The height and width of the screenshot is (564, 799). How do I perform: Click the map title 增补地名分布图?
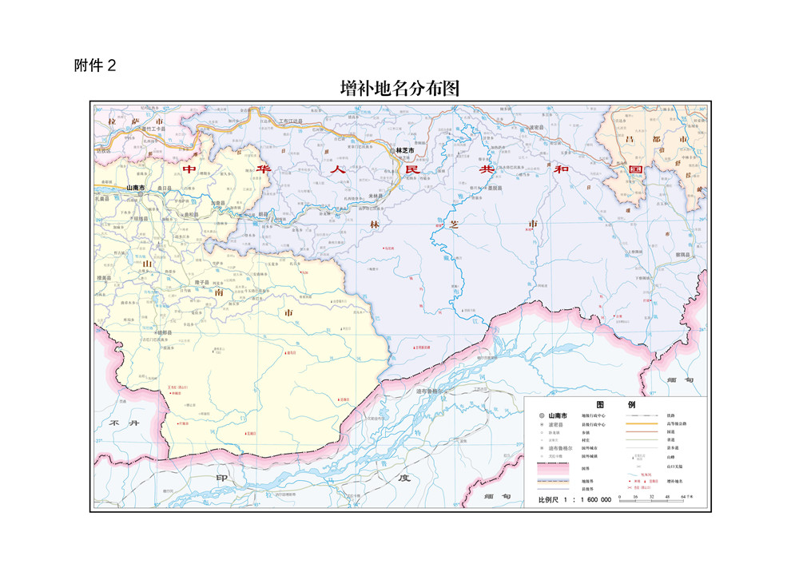pyautogui.click(x=399, y=88)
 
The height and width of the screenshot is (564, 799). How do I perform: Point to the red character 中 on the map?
pyautogui.click(x=189, y=169)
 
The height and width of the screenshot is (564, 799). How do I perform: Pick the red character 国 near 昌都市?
pyautogui.click(x=636, y=170)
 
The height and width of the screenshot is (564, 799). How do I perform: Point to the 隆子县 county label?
pyautogui.click(x=201, y=282)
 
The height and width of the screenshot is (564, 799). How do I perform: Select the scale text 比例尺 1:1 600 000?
pyautogui.click(x=574, y=499)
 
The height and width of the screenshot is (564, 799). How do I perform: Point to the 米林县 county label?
pyautogui.click(x=376, y=197)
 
